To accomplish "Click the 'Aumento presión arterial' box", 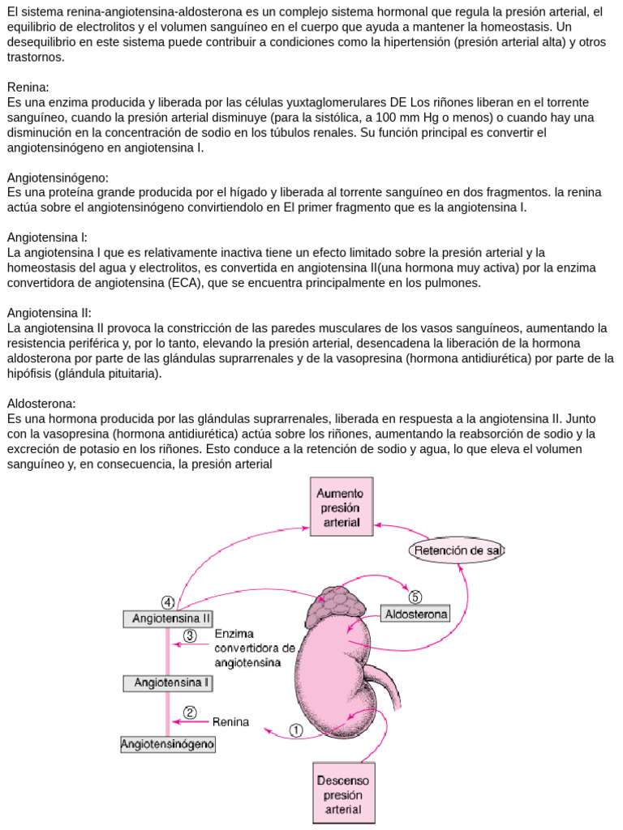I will pos(341,507).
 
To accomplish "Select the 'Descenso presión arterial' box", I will pos(344,794).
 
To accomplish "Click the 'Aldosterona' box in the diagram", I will pos(415,614).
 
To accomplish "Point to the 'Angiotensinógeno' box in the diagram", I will pos(168,743).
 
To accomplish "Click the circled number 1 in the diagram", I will pos(296,729).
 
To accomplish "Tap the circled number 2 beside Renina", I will pos(190,712).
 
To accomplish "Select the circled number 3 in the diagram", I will pos(190,635).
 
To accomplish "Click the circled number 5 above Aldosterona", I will pos(415,597).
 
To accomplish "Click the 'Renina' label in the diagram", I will pos(231,721).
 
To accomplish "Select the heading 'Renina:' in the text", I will pos(28,87).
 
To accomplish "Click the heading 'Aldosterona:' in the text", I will pos(41,404).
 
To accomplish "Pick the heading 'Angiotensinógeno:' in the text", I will pos(58,178).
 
